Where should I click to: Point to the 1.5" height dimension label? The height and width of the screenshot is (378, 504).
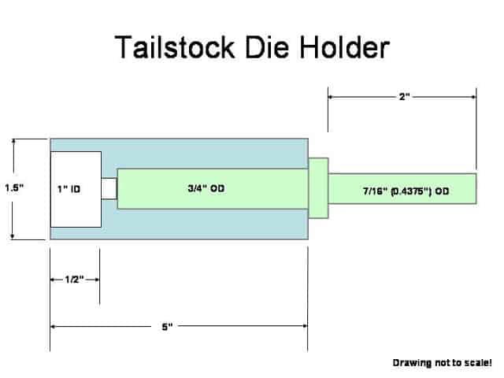pos(15,188)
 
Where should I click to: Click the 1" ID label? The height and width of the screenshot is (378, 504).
pos(69,189)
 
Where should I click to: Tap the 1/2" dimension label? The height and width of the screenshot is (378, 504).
pos(75,280)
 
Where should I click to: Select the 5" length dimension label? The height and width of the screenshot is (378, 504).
pos(168,325)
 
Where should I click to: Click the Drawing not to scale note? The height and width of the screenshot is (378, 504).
pos(442,363)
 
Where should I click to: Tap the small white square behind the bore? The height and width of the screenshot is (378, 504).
pos(109,189)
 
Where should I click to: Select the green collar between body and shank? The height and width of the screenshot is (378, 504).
pos(317,189)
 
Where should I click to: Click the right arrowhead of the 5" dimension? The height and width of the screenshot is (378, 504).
pos(303,325)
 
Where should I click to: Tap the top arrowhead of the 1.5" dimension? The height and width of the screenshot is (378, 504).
pos(14,142)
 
